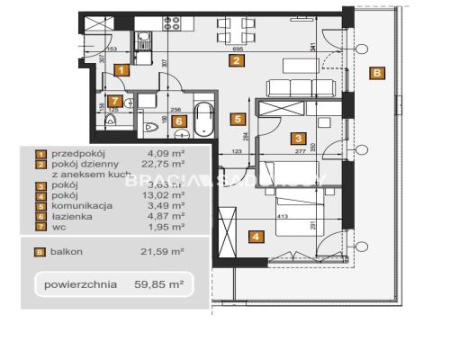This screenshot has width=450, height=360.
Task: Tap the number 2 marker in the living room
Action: click(x=236, y=61)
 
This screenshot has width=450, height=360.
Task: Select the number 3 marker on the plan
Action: click(x=296, y=139)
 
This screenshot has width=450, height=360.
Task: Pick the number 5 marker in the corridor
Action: click(x=237, y=117)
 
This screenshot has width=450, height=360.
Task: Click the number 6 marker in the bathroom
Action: click(x=179, y=121)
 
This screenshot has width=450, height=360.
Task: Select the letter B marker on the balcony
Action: click(x=378, y=73)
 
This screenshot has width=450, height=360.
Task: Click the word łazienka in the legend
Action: click(x=72, y=216)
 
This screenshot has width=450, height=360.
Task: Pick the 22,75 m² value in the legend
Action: click(x=167, y=165)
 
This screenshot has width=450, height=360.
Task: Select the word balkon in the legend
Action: click(x=69, y=252)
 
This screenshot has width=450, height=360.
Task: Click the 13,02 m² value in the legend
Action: click(x=167, y=194)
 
